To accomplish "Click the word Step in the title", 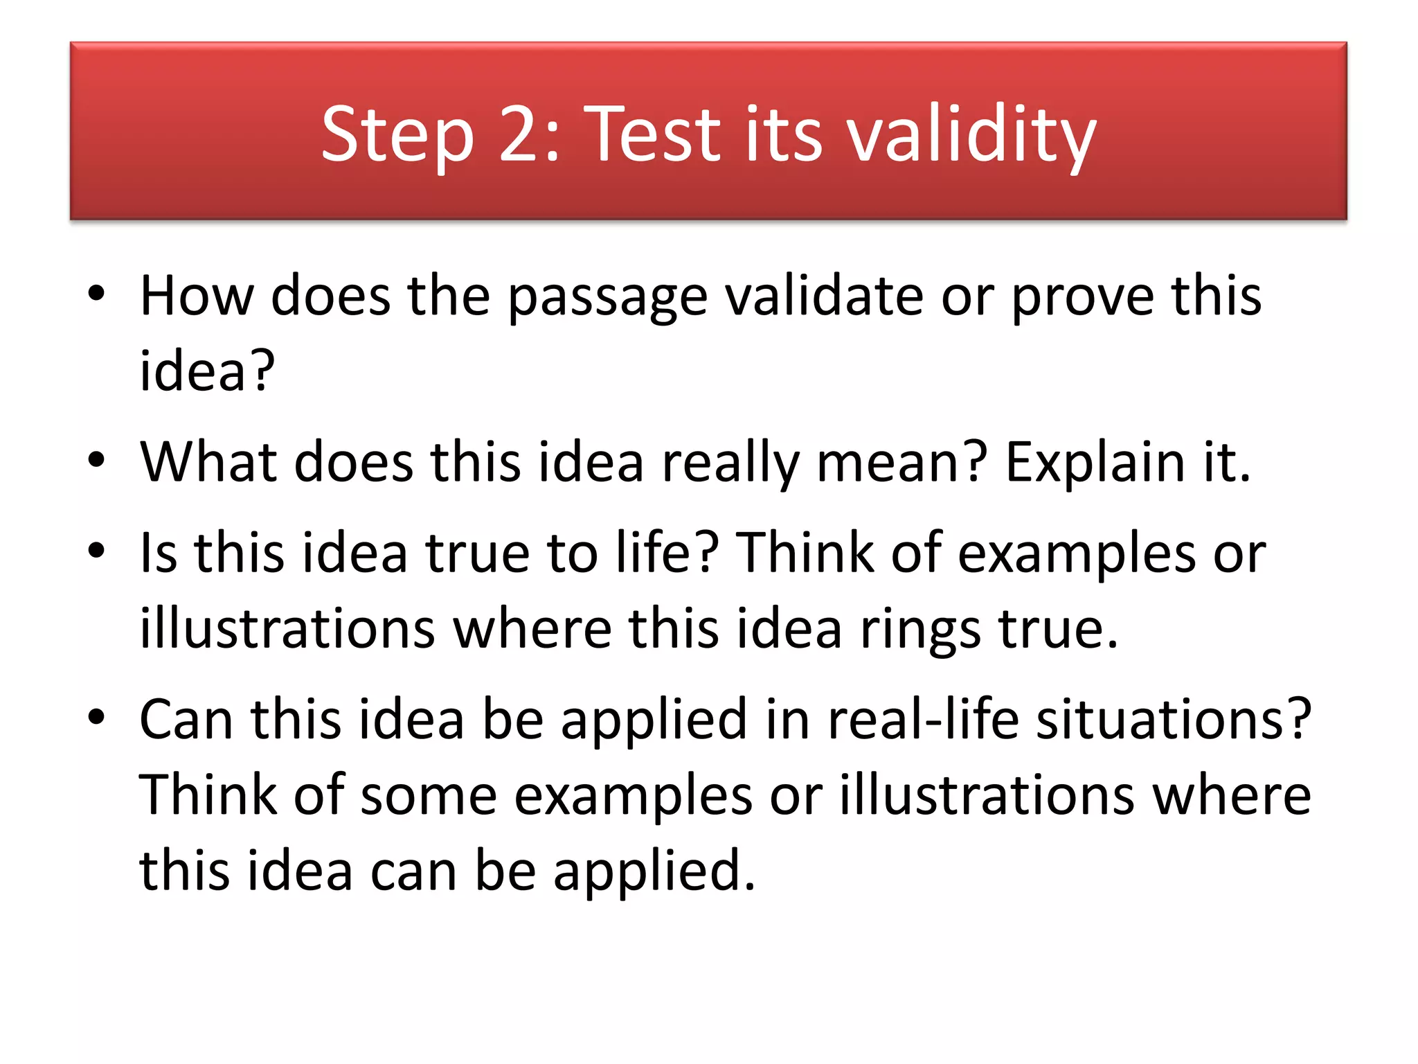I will (x=397, y=134).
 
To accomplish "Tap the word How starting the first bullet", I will (x=197, y=296).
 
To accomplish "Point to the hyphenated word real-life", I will (x=924, y=720).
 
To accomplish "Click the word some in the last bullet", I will (x=429, y=795).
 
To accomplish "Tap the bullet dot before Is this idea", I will (x=96, y=551).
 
